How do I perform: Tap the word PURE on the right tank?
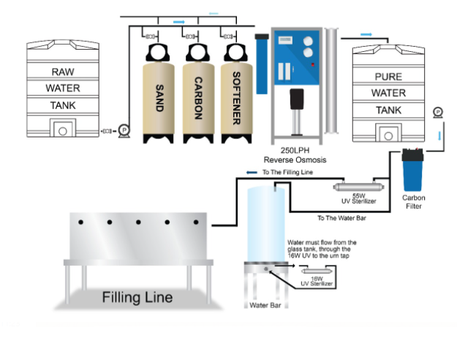click(x=388, y=77)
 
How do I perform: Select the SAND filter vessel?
click(x=159, y=99)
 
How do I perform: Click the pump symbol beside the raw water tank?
click(x=124, y=130)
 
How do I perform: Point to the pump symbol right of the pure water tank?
click(x=437, y=112)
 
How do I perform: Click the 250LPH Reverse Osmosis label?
click(x=295, y=154)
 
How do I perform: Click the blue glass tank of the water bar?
click(x=265, y=223)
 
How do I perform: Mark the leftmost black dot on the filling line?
click(x=81, y=222)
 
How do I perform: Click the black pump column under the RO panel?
click(x=295, y=107)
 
